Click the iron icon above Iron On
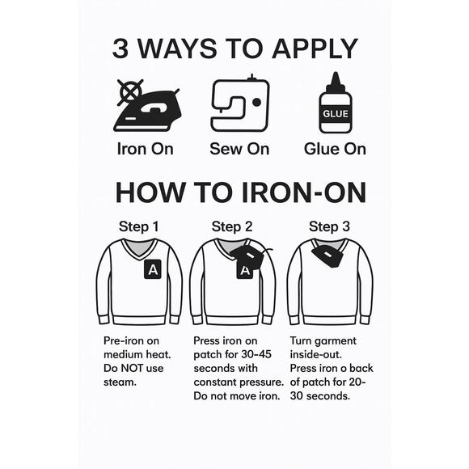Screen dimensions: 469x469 148,111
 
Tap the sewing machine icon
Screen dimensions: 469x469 240,104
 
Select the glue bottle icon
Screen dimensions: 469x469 336,103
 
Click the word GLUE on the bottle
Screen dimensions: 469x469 336,114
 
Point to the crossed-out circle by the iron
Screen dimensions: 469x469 130,91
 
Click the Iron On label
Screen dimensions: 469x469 145,149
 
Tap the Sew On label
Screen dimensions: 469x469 239,149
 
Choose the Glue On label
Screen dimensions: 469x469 335,149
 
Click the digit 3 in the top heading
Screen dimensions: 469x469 120,49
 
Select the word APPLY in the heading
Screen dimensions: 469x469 315,49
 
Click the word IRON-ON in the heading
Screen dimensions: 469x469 303,192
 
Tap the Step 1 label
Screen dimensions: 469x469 138,226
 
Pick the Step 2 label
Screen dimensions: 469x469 232,226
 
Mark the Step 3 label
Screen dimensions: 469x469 329,226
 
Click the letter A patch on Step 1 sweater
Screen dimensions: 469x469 153,269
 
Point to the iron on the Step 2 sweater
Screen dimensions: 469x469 248,256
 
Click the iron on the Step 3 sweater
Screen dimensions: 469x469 328,256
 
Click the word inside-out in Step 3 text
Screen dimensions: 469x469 316,354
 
